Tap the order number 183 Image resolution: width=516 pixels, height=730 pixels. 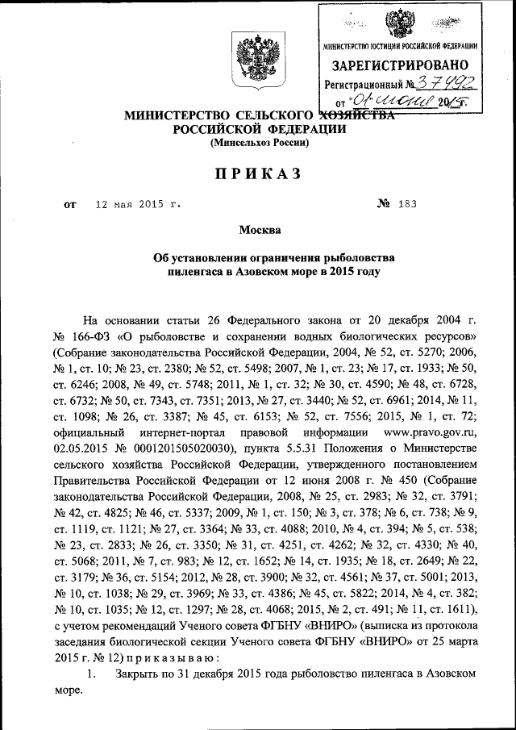(406, 205)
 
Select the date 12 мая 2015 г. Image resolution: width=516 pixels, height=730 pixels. (138, 205)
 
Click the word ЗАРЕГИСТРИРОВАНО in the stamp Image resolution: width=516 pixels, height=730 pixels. (400, 64)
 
